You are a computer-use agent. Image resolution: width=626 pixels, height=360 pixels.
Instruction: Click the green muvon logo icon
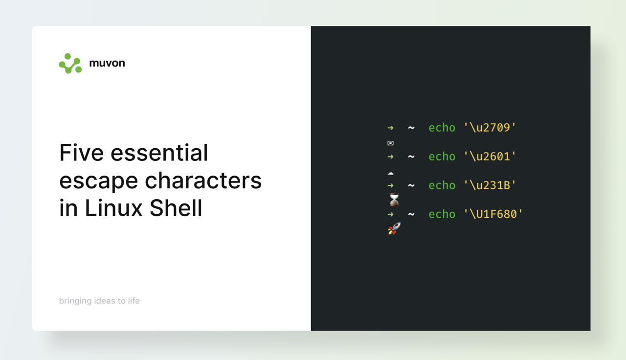[70, 64]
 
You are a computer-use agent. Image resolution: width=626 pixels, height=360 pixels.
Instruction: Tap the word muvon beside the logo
[107, 63]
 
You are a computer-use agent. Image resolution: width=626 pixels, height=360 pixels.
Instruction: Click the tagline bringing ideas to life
[99, 301]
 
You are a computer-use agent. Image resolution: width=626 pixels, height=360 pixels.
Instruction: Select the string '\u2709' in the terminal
[490, 128]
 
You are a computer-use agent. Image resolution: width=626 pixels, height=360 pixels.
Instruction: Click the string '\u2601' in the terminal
[490, 157]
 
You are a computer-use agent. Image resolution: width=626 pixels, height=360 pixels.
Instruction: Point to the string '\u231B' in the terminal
[490, 185]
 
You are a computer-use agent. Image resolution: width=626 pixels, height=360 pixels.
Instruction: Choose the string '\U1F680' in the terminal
[493, 214]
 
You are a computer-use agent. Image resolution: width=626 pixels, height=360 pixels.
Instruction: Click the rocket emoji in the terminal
[394, 228]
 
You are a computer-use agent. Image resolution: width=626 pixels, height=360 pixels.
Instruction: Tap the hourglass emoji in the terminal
[394, 200]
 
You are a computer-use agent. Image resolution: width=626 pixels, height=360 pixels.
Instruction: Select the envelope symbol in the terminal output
[390, 143]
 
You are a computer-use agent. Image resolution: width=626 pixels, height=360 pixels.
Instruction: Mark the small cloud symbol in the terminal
[390, 173]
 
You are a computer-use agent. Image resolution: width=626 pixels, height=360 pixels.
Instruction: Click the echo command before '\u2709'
[442, 128]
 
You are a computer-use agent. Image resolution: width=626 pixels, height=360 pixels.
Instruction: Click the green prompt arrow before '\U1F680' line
[390, 214]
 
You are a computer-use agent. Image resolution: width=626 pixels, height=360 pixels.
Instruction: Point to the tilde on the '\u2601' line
[411, 157]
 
